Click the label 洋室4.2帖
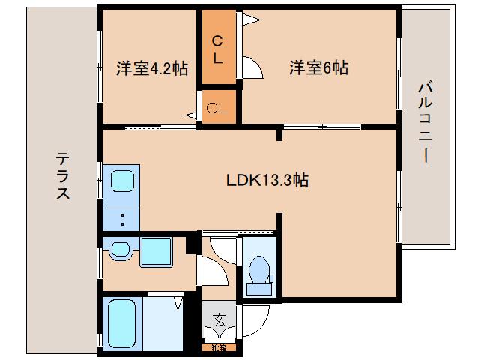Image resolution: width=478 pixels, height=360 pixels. pos(151,68)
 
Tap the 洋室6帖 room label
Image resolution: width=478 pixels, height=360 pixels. pos(318,68)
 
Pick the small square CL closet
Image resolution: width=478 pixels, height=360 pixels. pos(217,107)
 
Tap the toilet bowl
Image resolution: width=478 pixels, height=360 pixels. pos(259,268)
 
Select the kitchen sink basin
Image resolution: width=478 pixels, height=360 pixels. pos(122,181)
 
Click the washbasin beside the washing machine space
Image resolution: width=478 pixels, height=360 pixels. pos(119,250)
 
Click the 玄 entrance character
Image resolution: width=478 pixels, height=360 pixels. pos(219,319)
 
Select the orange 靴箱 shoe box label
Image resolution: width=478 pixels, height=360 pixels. pos(219,346)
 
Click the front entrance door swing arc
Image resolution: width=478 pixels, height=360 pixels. pos(250,322)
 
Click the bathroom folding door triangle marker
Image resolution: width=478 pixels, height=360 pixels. pos(179,303)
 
